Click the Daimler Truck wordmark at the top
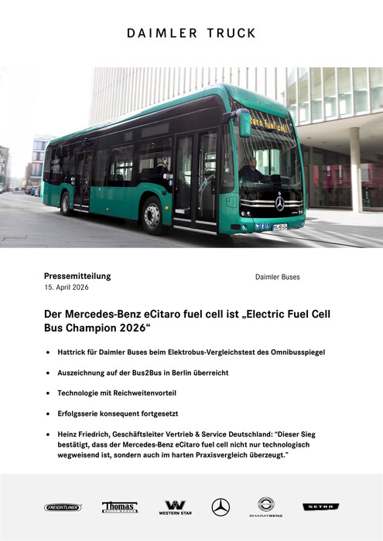coord(191,34)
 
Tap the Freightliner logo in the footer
coord(63,508)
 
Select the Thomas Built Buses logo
coord(120,507)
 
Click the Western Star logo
coord(174,508)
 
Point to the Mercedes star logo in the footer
coord(221,507)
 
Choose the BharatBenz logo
coord(265,507)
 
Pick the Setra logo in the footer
coord(320,507)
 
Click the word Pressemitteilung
coord(77,276)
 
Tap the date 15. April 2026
coord(67,288)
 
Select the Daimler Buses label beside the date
coord(277,277)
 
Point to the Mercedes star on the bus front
coord(279,203)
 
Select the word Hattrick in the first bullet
coord(74,352)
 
